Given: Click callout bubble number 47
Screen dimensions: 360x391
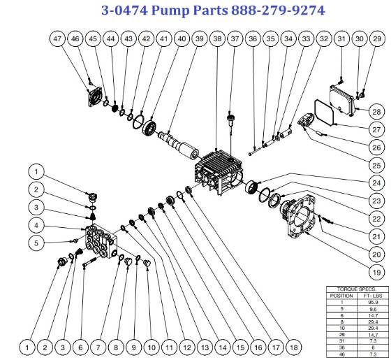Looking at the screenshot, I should pos(59,40).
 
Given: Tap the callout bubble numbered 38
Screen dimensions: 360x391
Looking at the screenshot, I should pos(217,40).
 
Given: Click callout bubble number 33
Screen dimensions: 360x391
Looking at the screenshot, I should pos(305,40).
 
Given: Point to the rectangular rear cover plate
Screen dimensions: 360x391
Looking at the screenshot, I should pos(344,101).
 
